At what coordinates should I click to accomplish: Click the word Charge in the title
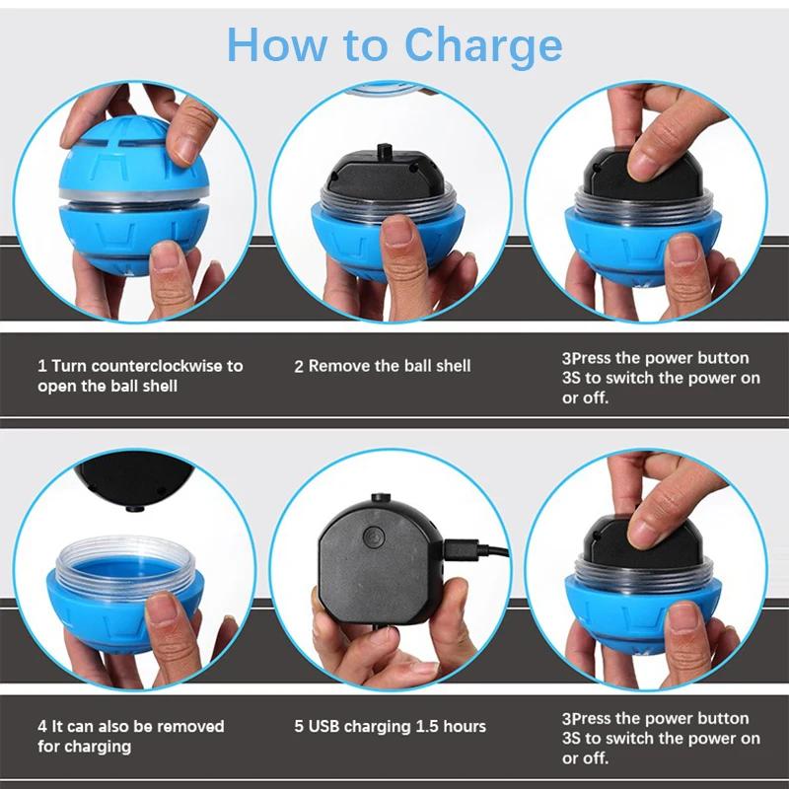click(483, 44)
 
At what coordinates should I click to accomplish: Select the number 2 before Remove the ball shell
click(299, 366)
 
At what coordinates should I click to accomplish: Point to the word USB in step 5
click(326, 727)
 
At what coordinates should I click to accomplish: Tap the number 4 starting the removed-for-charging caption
click(42, 727)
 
